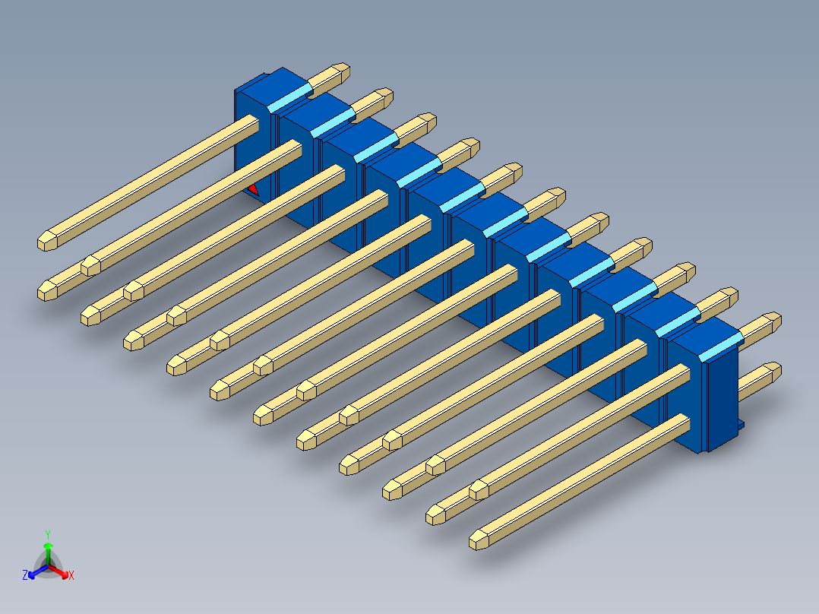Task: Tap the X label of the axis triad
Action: point(71,575)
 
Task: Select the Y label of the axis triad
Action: point(47,533)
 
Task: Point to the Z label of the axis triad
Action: point(25,575)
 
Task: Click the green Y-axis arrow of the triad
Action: point(47,549)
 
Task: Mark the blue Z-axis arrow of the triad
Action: point(35,572)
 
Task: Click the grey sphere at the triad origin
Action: point(48,564)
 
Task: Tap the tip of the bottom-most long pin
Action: point(479,540)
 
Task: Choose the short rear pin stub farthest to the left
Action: point(331,75)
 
